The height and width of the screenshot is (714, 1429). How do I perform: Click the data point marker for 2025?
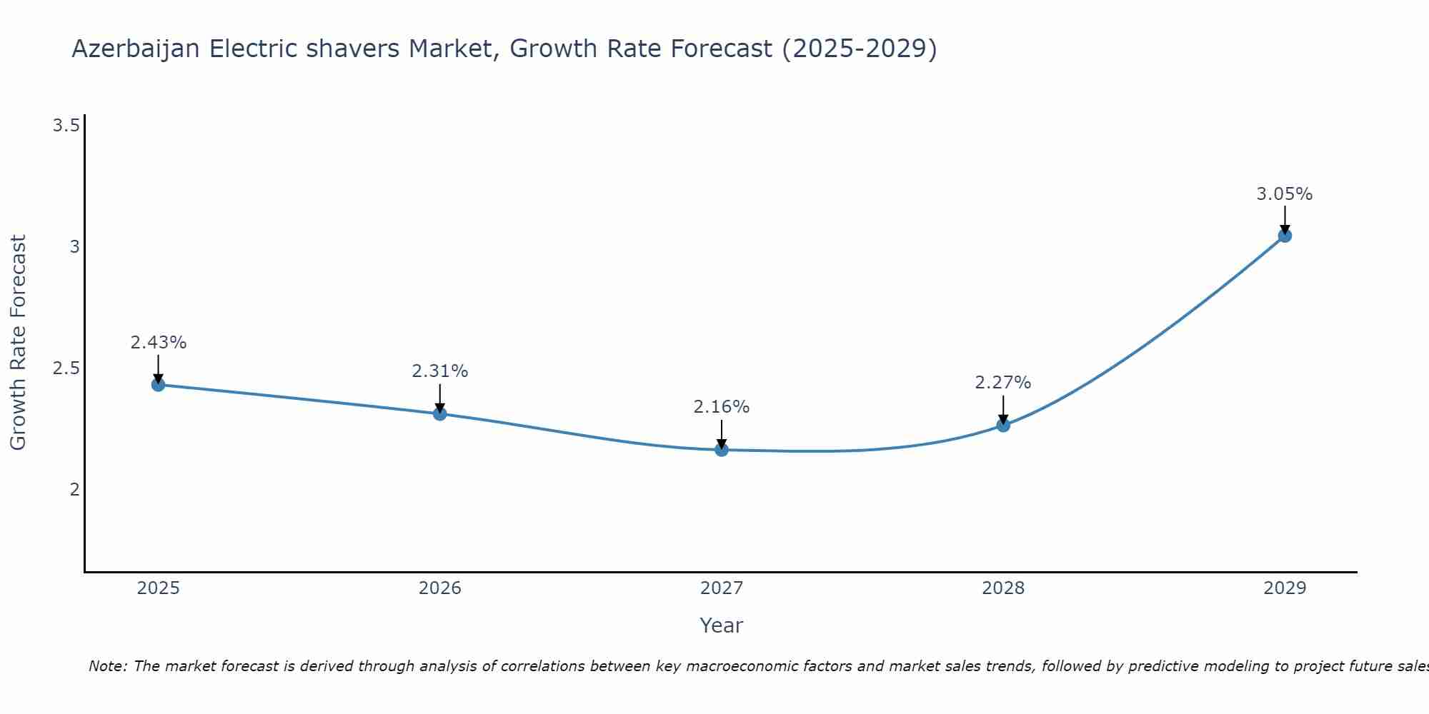click(159, 385)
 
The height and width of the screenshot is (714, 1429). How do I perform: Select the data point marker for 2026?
click(440, 413)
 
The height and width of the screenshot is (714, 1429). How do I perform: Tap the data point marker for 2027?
click(722, 450)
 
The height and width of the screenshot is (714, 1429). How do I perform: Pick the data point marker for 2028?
click(1003, 426)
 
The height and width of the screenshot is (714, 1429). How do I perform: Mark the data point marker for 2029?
click(1285, 236)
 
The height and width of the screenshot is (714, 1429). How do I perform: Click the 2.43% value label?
click(159, 343)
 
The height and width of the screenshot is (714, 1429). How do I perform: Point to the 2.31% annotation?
click(440, 371)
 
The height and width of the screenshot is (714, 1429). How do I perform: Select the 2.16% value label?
click(722, 407)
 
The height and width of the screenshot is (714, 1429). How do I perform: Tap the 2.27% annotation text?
click(1003, 383)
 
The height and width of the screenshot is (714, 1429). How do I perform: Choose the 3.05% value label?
click(1285, 194)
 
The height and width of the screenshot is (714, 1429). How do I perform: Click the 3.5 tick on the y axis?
click(66, 126)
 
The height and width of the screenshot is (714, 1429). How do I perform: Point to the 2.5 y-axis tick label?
click(66, 368)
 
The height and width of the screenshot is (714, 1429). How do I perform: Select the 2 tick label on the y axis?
click(74, 490)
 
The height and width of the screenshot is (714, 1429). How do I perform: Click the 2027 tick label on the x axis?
click(722, 588)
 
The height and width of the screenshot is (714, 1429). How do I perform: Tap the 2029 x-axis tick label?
click(1285, 588)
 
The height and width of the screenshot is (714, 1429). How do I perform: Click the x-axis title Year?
click(722, 625)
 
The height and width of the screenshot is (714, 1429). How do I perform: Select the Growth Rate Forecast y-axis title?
click(19, 343)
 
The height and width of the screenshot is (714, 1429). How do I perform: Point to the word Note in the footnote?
click(107, 666)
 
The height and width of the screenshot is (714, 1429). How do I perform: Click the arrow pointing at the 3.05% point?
click(1285, 218)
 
